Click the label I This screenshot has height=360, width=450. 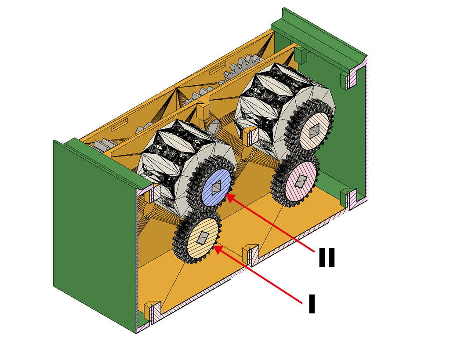[312, 304]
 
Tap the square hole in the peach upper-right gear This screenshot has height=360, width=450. [315, 130]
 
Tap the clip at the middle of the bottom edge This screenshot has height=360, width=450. [251, 253]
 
